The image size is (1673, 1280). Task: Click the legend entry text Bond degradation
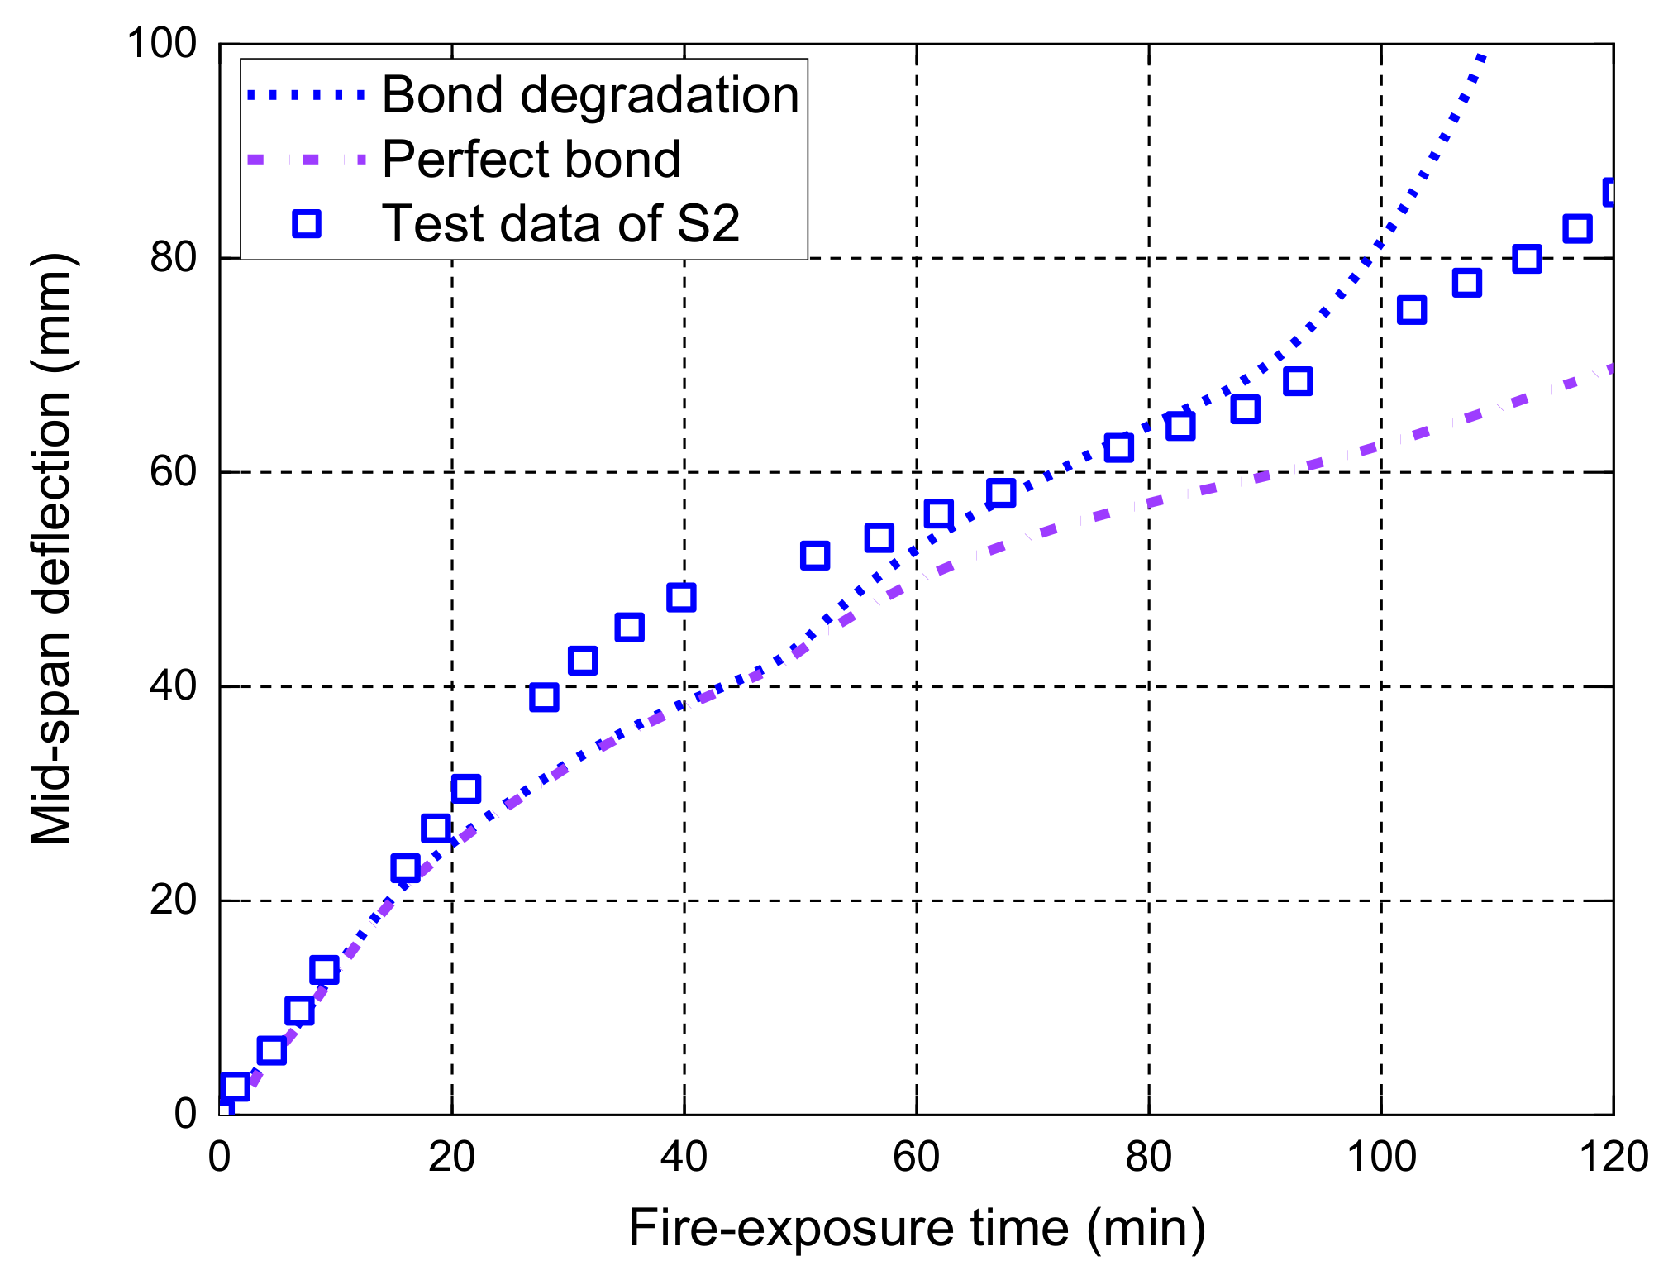tap(590, 95)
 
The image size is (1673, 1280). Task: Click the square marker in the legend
tap(307, 223)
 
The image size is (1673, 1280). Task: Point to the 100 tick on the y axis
tap(161, 43)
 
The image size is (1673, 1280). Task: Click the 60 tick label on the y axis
tap(173, 472)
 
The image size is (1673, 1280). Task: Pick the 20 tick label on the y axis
tap(173, 900)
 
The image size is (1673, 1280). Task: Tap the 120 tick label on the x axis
tap(1613, 1156)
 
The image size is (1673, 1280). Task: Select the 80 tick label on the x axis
tap(1148, 1156)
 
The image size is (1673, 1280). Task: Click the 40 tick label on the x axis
tap(684, 1156)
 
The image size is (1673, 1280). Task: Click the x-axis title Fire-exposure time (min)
tap(917, 1227)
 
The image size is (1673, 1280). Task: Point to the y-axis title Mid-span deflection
tap(51, 550)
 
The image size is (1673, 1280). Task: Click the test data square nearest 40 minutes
tap(681, 597)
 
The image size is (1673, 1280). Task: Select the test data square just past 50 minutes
tap(815, 556)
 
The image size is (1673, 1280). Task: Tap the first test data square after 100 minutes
tap(1412, 311)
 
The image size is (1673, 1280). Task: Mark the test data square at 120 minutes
tap(1611, 193)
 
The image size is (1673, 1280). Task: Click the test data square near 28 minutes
tap(544, 697)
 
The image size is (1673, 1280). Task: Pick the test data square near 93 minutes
tap(1298, 381)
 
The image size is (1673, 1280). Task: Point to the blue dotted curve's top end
tap(1484, 56)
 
